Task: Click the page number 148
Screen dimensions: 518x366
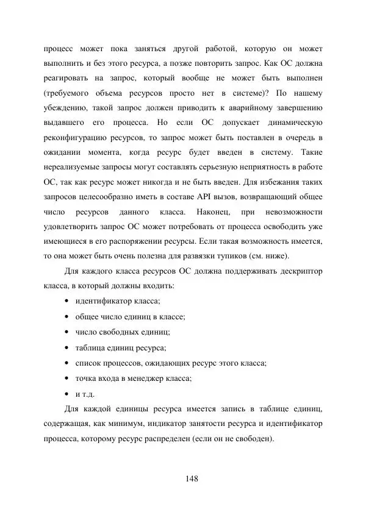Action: coord(192,478)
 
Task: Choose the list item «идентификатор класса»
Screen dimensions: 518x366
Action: coord(118,301)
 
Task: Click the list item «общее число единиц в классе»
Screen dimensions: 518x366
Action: coord(130,316)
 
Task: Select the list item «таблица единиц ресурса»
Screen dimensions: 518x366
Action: coord(120,347)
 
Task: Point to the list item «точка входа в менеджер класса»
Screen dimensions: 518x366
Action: coord(133,378)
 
